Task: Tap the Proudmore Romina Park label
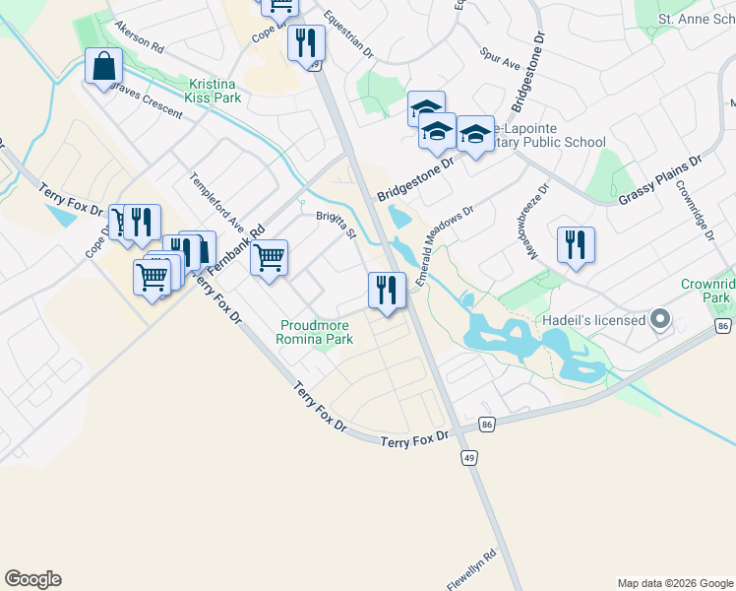pos(317,332)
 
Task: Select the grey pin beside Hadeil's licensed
pos(660,320)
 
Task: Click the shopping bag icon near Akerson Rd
pos(103,67)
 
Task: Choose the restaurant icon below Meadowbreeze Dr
pos(576,244)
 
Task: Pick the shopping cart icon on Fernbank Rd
pos(268,258)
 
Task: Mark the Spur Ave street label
pos(500,62)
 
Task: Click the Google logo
pos(32,579)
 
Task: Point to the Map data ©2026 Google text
pos(675,583)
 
